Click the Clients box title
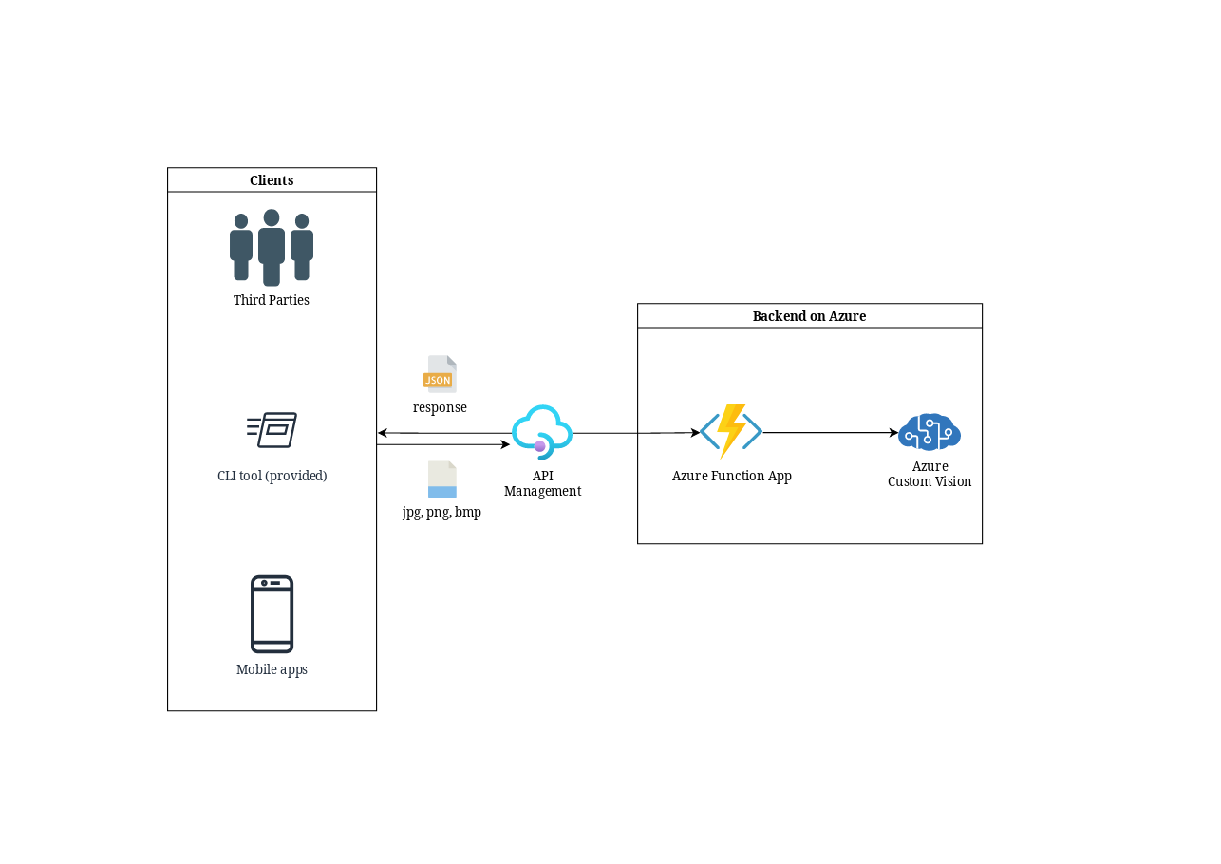272,180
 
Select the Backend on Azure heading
809,316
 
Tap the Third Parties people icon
272,248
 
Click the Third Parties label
271,300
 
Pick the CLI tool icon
272,429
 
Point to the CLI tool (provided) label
272,476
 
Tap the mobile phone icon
272,613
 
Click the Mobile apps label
272,669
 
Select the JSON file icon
440,374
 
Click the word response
440,407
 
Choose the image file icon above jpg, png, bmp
442,479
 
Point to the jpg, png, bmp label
441,513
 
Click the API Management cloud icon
542,432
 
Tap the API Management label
542,483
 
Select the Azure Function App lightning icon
731,431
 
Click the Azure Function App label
731,476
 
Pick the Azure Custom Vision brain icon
930,432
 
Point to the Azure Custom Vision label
930,474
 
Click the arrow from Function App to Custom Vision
831,433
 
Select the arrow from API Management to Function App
637,433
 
